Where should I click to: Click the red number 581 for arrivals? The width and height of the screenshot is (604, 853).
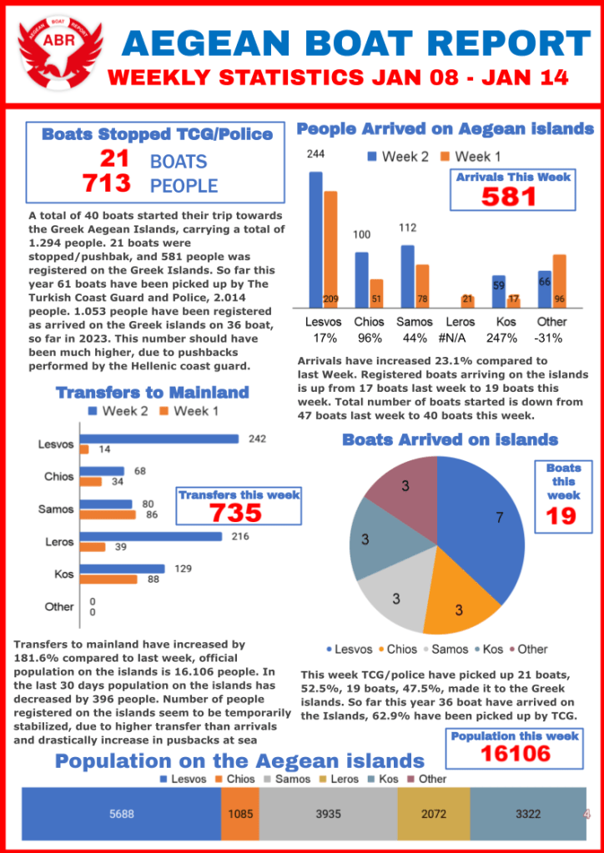[510, 197]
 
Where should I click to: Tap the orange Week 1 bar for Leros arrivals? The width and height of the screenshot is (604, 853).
[467, 300]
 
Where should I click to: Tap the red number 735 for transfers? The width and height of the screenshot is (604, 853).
[238, 513]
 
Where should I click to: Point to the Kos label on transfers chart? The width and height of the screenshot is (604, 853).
[64, 575]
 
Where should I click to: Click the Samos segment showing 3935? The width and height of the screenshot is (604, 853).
[329, 814]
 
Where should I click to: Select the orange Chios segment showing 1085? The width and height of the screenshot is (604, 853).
[240, 814]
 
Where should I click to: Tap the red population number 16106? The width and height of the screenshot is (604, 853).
[516, 754]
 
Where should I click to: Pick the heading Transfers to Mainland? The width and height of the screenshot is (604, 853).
[152, 393]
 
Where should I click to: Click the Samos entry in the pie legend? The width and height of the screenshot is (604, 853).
[450, 649]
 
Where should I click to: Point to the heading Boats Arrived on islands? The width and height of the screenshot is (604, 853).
[450, 439]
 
